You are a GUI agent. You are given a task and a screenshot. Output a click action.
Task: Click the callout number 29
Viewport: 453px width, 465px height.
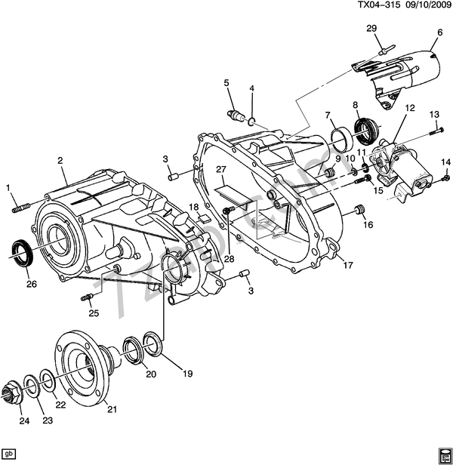pos(371,29)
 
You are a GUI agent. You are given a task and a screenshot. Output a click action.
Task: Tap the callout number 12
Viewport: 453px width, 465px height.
pos(410,108)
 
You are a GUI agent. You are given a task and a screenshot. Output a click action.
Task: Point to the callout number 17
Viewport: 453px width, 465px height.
pos(349,265)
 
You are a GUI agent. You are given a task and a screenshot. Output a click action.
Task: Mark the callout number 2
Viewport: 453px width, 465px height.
pos(59,160)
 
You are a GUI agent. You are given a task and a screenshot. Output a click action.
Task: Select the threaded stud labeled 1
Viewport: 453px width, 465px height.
pos(20,203)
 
